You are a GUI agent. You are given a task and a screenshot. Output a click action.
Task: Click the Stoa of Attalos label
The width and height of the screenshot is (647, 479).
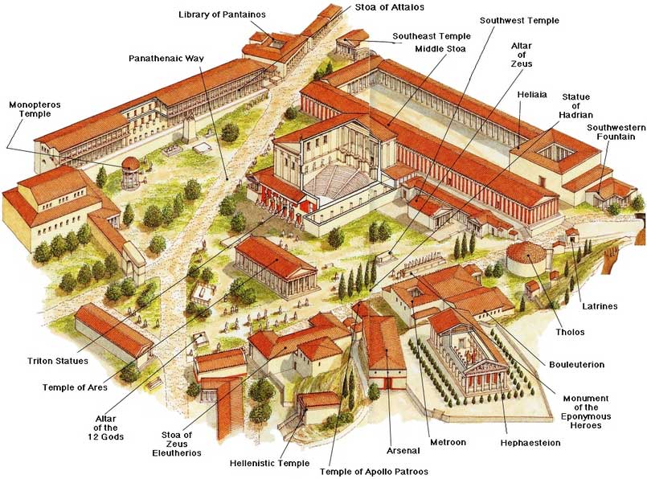(x=389, y=7)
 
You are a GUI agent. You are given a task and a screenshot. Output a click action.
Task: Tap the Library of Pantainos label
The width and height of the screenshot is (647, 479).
(x=222, y=14)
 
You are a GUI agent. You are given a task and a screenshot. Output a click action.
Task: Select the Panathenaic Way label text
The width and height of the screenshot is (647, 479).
(x=166, y=58)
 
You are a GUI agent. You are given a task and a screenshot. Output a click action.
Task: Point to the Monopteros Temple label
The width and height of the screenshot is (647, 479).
(x=35, y=109)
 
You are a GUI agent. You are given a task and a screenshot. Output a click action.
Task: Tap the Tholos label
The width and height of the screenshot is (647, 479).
(x=570, y=332)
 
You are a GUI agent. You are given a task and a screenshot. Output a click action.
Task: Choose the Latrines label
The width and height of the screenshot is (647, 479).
(x=600, y=306)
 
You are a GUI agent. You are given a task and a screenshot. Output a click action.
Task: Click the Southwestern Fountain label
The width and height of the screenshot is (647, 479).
(x=616, y=132)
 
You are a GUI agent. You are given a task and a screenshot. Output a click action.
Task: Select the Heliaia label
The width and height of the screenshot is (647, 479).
(x=532, y=95)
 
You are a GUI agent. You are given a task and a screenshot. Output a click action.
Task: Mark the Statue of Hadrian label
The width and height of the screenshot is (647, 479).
(x=575, y=106)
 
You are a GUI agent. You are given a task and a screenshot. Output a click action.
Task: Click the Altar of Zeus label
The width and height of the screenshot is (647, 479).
(x=522, y=55)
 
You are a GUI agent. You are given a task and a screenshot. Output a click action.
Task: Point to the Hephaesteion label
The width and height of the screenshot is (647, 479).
(x=530, y=443)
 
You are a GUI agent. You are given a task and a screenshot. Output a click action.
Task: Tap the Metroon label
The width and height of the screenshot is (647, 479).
(x=448, y=442)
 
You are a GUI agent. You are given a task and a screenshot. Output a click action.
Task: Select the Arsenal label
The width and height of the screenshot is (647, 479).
(x=403, y=451)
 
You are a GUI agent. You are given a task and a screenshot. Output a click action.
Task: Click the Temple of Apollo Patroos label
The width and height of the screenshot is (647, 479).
(x=374, y=472)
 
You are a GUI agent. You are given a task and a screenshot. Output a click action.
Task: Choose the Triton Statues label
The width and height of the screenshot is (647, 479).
(x=58, y=362)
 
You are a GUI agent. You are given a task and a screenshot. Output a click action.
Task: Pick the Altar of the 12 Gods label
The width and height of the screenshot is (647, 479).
(x=105, y=428)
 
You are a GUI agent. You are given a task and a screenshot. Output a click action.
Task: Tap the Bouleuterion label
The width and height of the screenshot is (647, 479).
(x=576, y=365)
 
